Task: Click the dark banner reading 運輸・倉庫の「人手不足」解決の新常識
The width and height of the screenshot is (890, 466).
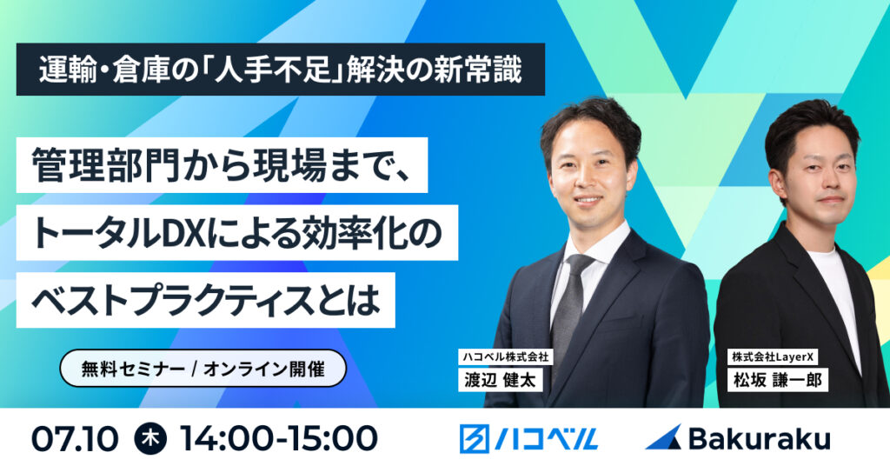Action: click(281, 70)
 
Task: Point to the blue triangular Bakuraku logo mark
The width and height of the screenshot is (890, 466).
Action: click(662, 437)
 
